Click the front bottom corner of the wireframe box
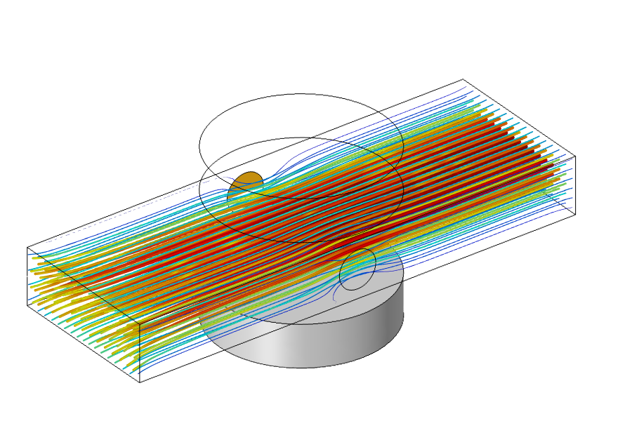pyautogui.click(x=140, y=382)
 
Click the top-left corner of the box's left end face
pyautogui.click(x=27, y=248)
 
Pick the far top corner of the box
pyautogui.click(x=463, y=79)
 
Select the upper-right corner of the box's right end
pyautogui.click(x=576, y=156)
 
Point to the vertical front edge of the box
pyautogui.click(x=140, y=354)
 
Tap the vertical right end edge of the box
pyautogui.click(x=576, y=182)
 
